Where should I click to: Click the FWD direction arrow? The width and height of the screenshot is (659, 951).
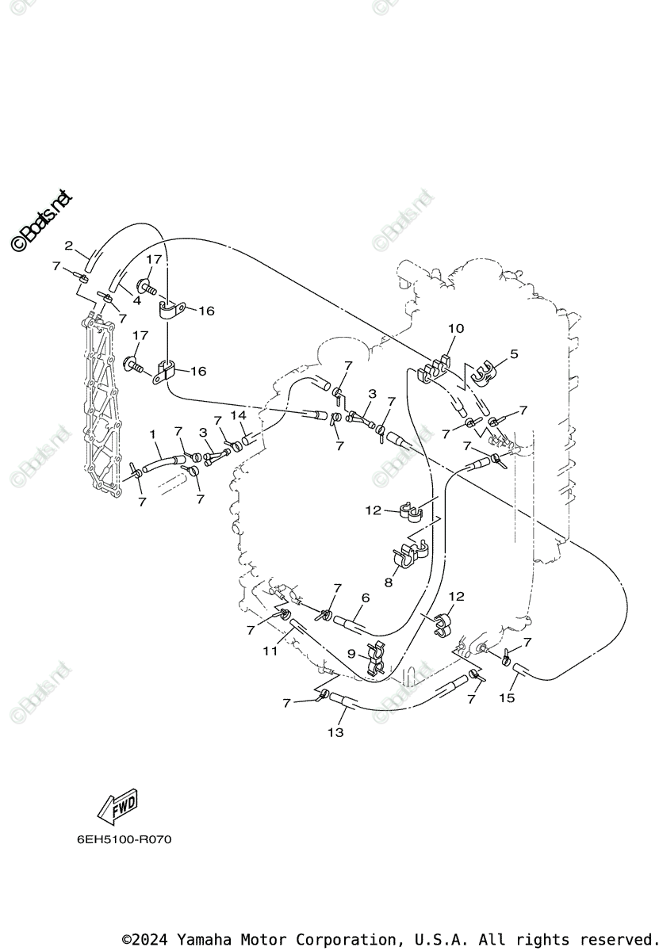(x=117, y=806)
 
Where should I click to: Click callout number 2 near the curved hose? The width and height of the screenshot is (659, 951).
(x=69, y=245)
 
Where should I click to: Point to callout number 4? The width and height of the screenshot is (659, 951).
(x=136, y=300)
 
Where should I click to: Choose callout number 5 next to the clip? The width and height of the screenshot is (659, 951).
(x=514, y=354)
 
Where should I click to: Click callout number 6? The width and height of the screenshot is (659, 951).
(x=365, y=598)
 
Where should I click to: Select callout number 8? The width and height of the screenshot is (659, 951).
(x=389, y=582)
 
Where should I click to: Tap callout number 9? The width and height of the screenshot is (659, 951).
(x=352, y=654)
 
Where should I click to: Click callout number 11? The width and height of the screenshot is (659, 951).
(x=270, y=651)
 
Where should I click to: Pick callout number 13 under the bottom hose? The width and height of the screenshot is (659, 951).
(x=335, y=732)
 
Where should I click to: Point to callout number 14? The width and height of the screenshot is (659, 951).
(x=238, y=414)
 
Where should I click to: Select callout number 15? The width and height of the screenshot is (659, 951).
(x=507, y=697)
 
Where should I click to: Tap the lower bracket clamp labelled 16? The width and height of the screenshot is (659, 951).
(x=166, y=372)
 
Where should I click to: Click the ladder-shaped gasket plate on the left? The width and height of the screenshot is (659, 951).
(x=103, y=412)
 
